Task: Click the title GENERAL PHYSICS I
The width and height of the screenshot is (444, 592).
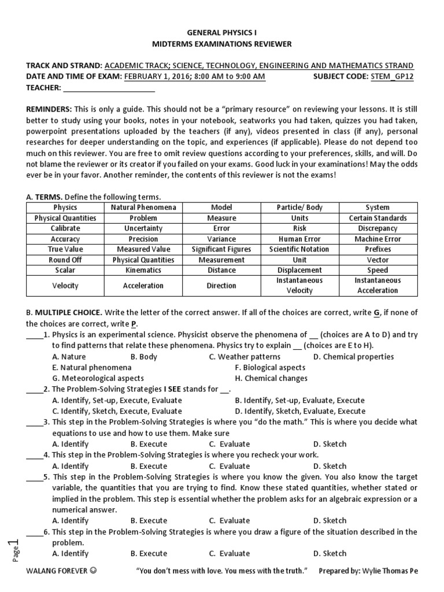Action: coord(221,33)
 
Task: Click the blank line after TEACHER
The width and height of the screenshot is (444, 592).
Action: coord(109,88)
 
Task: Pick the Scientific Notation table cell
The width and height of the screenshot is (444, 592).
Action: coord(299,249)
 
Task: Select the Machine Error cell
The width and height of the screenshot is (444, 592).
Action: coord(378,239)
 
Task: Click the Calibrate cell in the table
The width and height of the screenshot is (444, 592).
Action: coord(65,228)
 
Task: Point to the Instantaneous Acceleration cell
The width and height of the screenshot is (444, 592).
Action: coord(378,285)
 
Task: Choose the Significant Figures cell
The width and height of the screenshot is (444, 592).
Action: coord(221,249)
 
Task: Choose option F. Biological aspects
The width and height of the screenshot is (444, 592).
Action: coord(270,368)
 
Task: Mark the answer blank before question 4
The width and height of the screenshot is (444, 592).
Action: coord(34,455)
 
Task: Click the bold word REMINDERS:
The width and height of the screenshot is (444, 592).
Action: coord(49,109)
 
